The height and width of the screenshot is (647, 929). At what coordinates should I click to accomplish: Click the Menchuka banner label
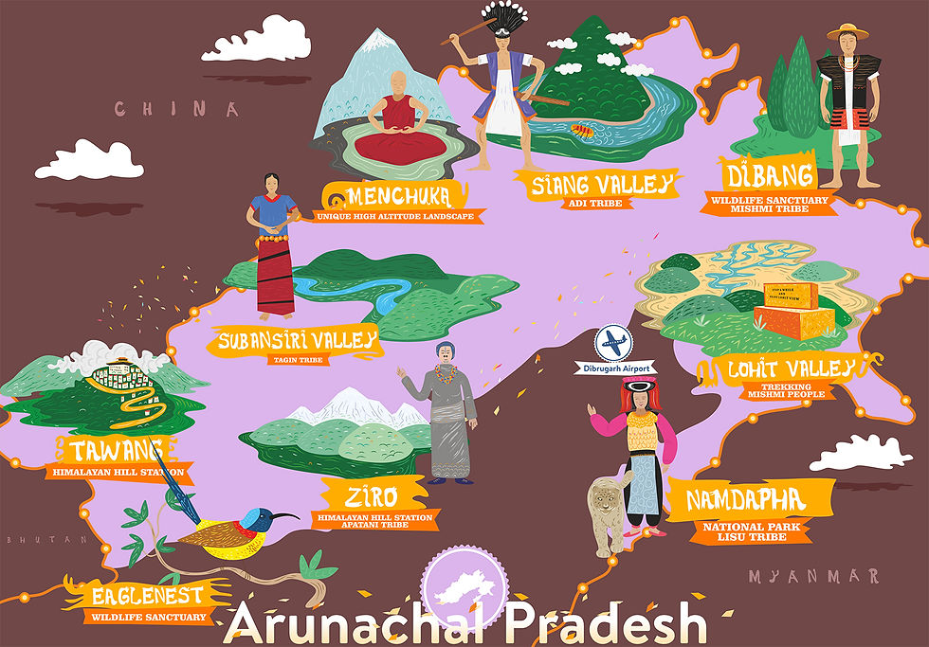(396, 196)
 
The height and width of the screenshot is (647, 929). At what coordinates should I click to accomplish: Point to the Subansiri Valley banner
(297, 340)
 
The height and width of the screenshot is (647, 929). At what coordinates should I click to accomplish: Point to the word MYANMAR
(812, 576)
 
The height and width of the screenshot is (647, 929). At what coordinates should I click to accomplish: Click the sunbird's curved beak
(281, 517)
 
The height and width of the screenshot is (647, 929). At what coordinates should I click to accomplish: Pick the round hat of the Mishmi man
(847, 32)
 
